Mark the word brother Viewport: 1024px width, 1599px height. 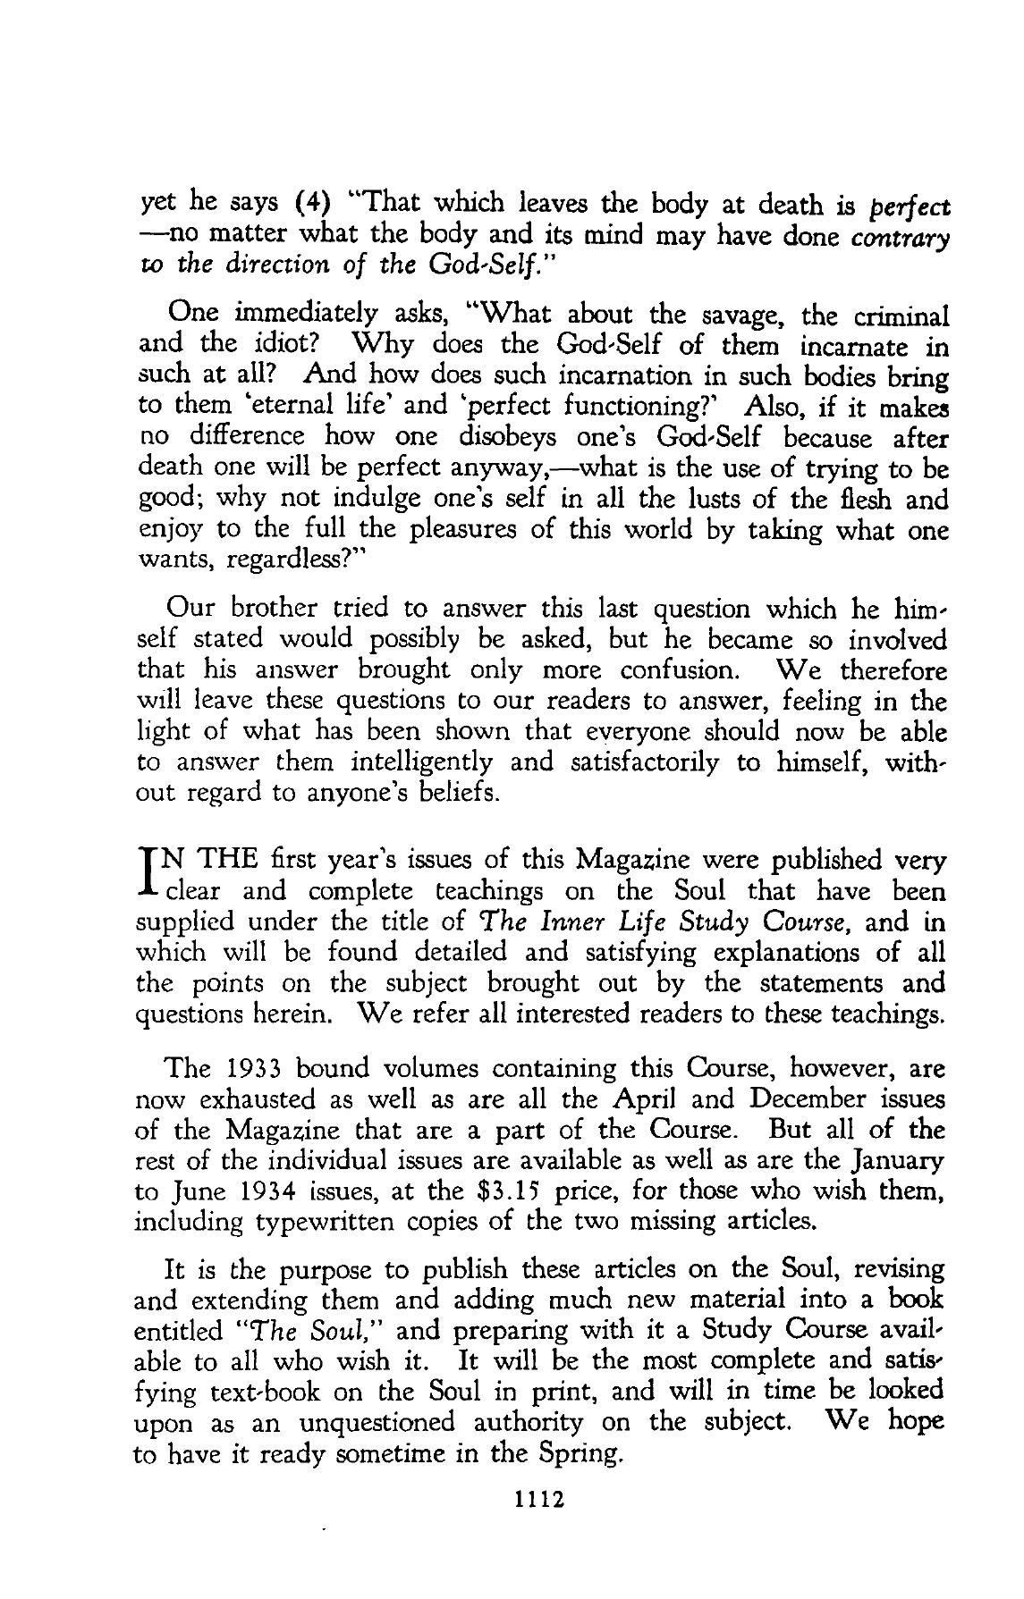272,609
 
